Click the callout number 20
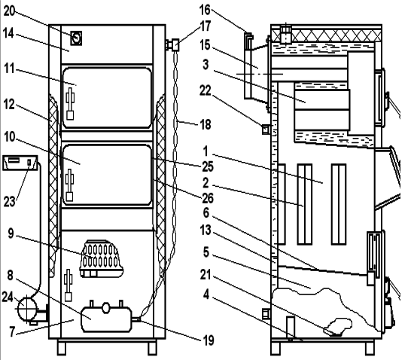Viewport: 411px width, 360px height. point(10,11)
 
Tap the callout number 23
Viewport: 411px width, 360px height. point(10,202)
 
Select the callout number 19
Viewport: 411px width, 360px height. point(209,340)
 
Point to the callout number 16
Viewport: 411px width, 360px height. point(205,10)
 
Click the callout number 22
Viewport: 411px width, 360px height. point(205,90)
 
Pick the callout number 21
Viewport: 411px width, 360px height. point(205,275)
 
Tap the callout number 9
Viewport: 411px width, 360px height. point(11,233)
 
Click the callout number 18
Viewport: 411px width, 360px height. point(205,124)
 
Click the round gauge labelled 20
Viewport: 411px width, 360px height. point(76,38)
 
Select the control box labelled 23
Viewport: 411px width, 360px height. point(20,163)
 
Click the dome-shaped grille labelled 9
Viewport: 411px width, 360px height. point(102,258)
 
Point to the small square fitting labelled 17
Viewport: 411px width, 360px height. point(175,45)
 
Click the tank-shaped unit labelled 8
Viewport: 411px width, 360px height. point(106,318)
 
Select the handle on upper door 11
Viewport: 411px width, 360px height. point(70,104)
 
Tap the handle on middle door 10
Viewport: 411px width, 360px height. point(69,185)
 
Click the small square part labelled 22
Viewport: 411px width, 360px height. point(266,130)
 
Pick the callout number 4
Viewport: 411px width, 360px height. point(206,294)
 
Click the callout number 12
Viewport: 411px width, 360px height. point(9,104)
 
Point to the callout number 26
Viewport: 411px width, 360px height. point(208,198)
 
